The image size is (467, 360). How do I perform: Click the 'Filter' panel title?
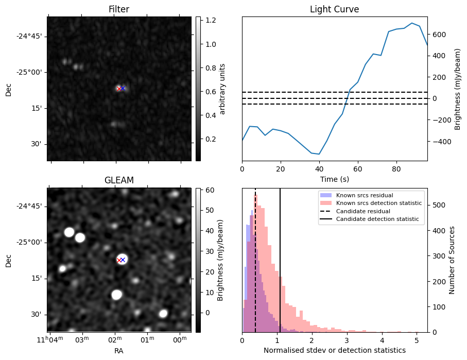(x=118, y=9)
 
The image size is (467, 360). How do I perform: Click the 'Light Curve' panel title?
(x=334, y=9)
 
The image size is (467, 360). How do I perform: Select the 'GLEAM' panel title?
(x=118, y=180)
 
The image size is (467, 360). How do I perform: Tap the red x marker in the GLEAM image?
(x=119, y=260)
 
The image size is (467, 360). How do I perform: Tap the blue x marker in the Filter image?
(x=123, y=89)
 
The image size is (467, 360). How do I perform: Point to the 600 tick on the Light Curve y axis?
(x=438, y=35)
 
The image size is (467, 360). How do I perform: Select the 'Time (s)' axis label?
(x=334, y=179)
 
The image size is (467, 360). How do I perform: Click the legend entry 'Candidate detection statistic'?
(x=377, y=219)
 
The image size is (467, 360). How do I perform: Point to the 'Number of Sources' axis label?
(x=452, y=260)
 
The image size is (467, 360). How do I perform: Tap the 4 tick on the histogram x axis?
(x=382, y=340)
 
